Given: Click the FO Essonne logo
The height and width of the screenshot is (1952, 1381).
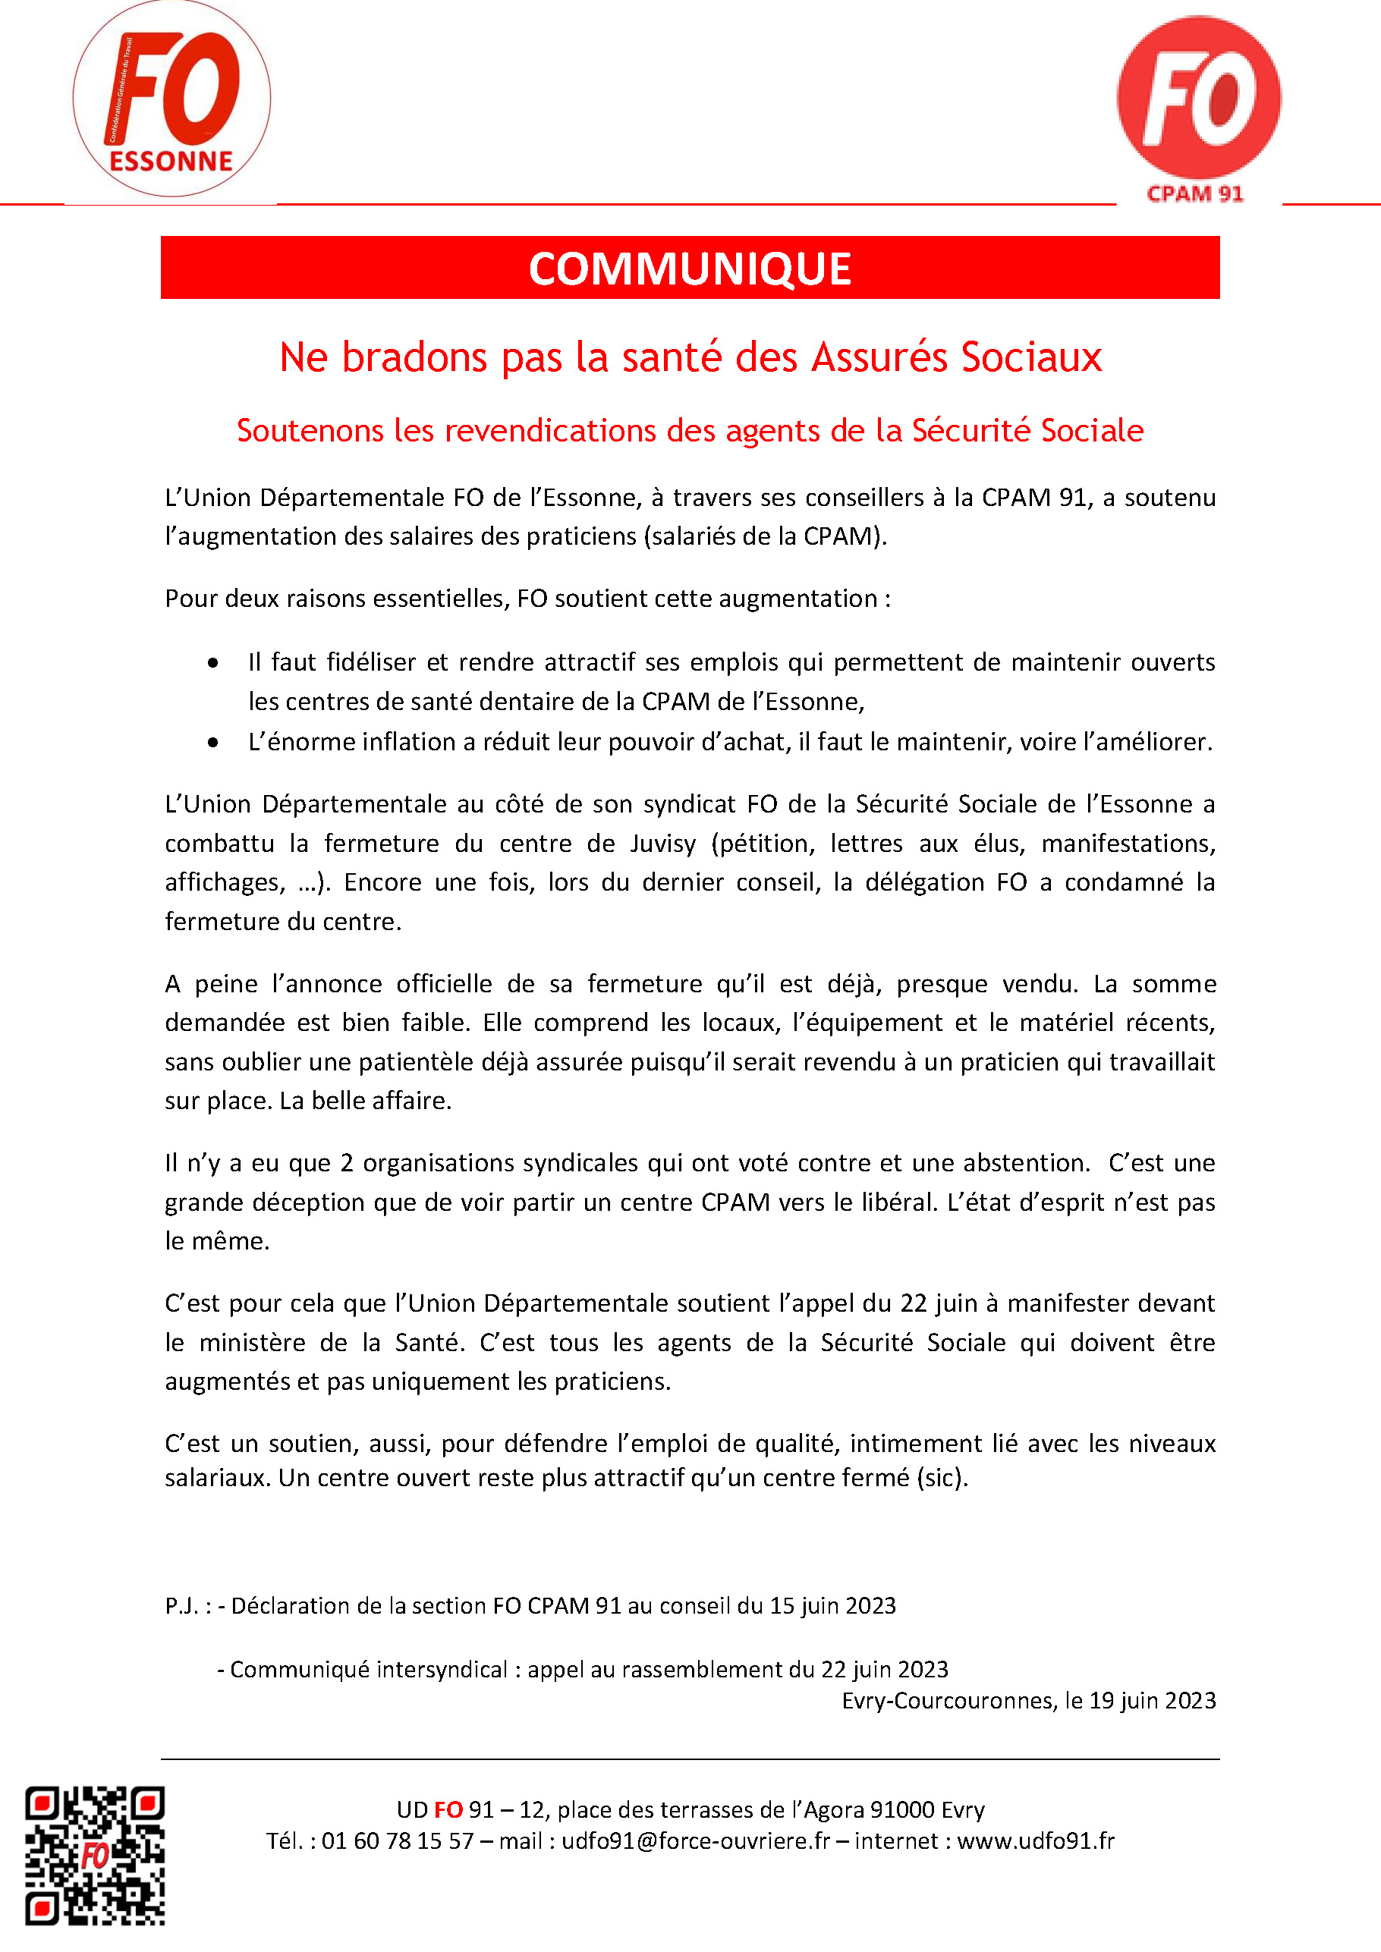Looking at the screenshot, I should click(171, 99).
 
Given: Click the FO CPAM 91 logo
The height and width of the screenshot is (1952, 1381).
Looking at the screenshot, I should click(1198, 106).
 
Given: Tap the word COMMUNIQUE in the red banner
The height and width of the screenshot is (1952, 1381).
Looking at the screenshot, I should click(690, 269).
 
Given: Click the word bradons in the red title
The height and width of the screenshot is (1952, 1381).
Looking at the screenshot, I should click(414, 358).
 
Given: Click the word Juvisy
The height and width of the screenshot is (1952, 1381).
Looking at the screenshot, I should click(663, 844).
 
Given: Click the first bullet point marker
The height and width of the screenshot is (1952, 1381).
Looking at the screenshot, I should click(212, 663).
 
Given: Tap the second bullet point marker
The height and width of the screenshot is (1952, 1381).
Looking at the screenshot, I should click(212, 743).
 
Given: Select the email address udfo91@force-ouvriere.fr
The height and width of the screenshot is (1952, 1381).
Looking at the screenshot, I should click(695, 1841).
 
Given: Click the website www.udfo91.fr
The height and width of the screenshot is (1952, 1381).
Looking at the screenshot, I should click(1035, 1841).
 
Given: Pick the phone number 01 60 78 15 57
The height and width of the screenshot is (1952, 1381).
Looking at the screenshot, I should click(397, 1841).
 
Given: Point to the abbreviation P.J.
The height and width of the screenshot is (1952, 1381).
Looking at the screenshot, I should click(181, 1606).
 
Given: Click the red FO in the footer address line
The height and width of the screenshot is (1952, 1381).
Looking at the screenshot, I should click(448, 1810).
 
